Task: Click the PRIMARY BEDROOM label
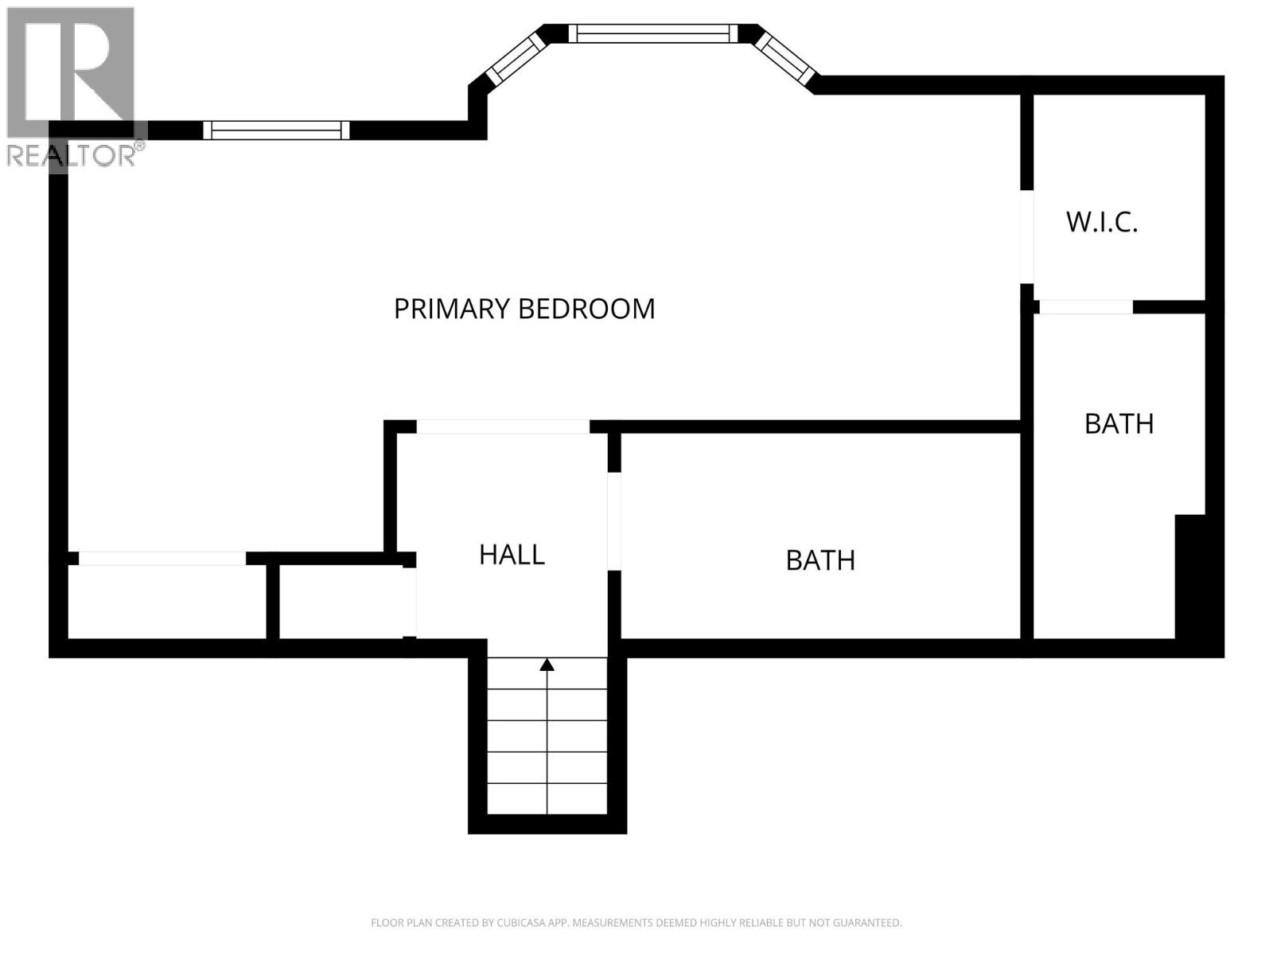(524, 309)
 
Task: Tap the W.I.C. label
(1102, 222)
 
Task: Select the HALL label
(512, 555)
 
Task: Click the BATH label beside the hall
(820, 560)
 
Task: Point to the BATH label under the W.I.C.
(1119, 424)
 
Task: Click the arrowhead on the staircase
(547, 665)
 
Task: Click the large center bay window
(652, 33)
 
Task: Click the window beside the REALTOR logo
(276, 130)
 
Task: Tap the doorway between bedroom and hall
(503, 427)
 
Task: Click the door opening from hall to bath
(614, 521)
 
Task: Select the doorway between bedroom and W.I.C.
(1027, 236)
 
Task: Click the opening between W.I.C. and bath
(1086, 307)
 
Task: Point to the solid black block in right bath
(1190, 576)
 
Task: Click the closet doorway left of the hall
(410, 602)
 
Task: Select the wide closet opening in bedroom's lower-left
(162, 559)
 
